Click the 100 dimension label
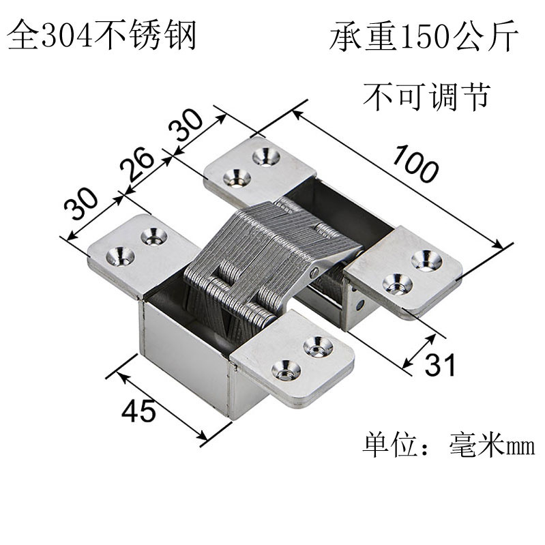(x=415, y=165)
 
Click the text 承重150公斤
(x=424, y=38)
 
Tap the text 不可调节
(x=426, y=96)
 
